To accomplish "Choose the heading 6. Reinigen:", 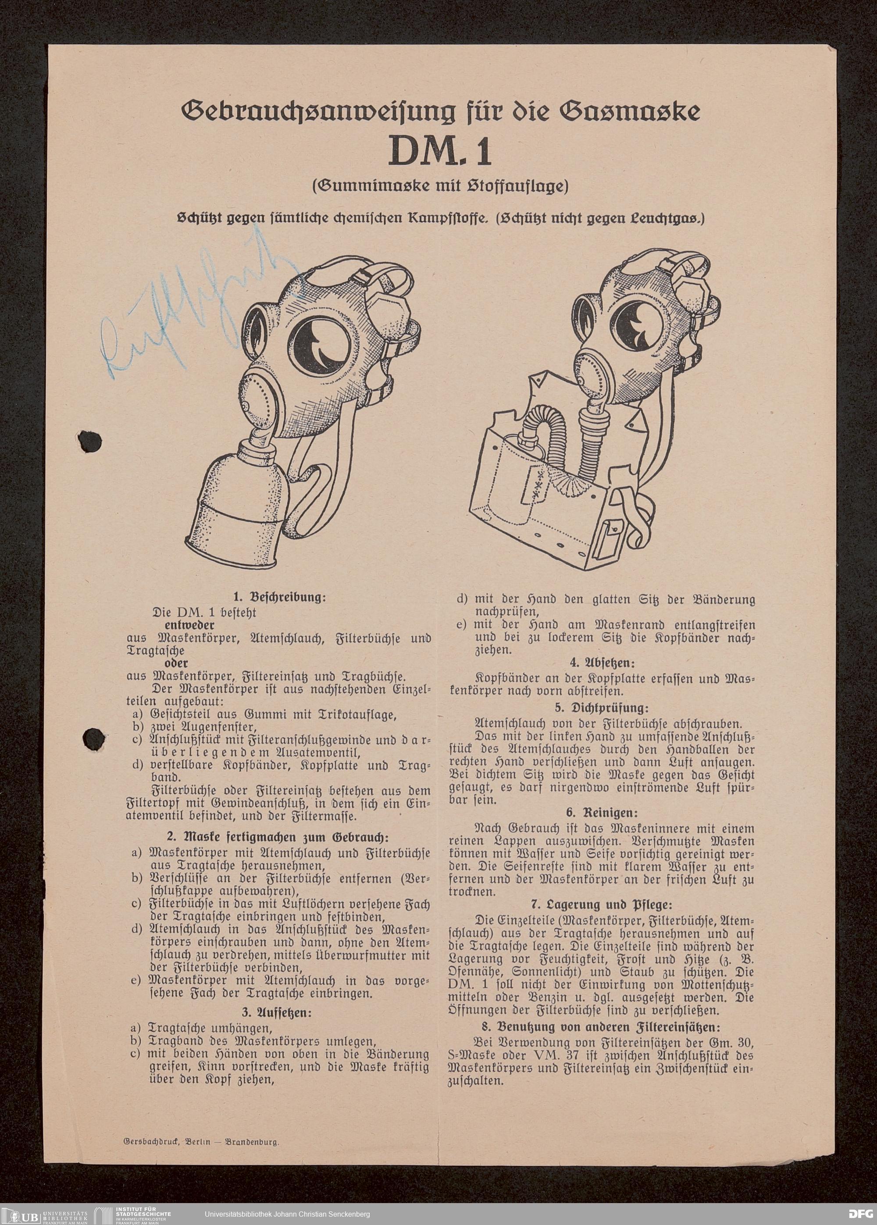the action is tap(602, 812).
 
